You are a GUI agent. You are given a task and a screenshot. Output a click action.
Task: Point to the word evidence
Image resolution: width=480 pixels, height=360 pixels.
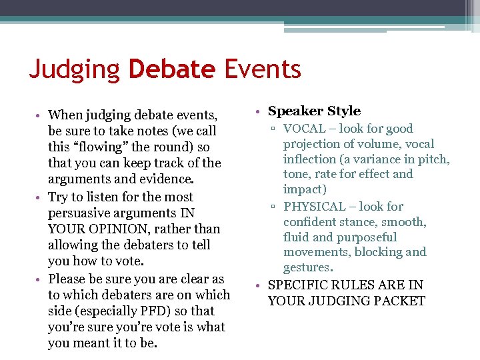pyautogui.click(x=163, y=179)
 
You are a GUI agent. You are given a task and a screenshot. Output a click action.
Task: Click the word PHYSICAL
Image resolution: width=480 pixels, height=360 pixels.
pyautogui.click(x=315, y=207)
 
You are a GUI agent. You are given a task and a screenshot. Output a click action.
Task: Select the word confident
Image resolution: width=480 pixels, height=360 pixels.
pyautogui.click(x=313, y=222)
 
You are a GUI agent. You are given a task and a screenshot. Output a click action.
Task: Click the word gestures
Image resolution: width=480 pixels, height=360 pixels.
pyautogui.click(x=307, y=267)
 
